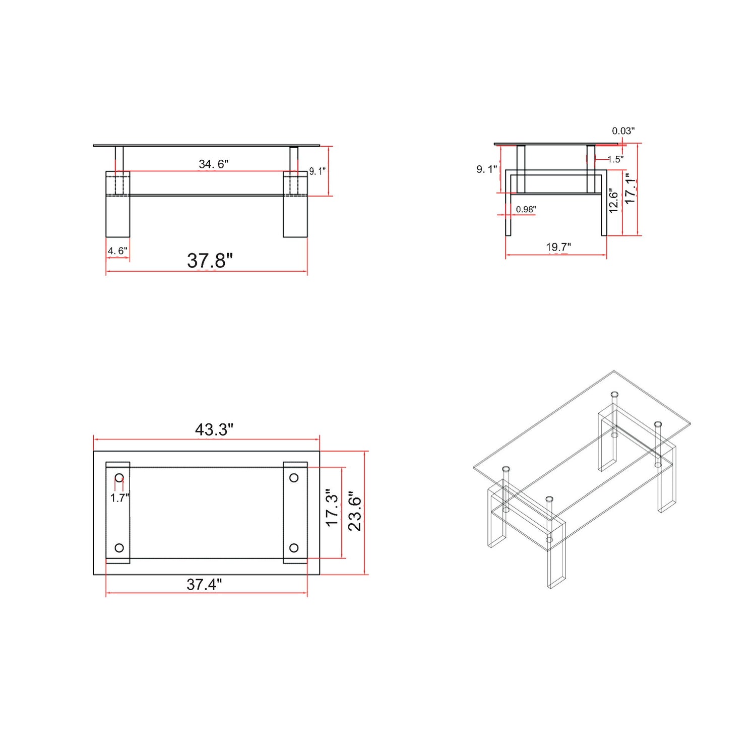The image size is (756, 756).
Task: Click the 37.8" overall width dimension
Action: pos(210,261)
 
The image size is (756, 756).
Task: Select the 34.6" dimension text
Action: pos(213,164)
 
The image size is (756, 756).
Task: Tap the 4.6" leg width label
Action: pos(117,250)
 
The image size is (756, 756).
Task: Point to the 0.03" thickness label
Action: pos(623,131)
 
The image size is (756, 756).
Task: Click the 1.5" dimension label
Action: pos(615,159)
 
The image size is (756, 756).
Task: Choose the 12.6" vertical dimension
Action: pos(613,201)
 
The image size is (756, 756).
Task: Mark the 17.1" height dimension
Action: pos(630,188)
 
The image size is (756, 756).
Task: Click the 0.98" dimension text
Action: pos(526,209)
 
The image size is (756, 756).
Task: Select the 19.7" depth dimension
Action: pos(558,247)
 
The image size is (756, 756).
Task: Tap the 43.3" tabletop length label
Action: pos(214,429)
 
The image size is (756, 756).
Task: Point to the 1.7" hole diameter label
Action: pos(120,498)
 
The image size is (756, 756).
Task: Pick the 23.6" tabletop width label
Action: pos(355,511)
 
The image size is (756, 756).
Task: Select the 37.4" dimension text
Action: pos(204,584)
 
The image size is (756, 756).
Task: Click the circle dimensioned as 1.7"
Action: pos(119,477)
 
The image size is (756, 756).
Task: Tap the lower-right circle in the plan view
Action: pos(294,548)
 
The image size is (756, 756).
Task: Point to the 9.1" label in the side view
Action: pos(486,169)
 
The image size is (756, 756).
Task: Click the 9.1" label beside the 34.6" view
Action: pos(317,171)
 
